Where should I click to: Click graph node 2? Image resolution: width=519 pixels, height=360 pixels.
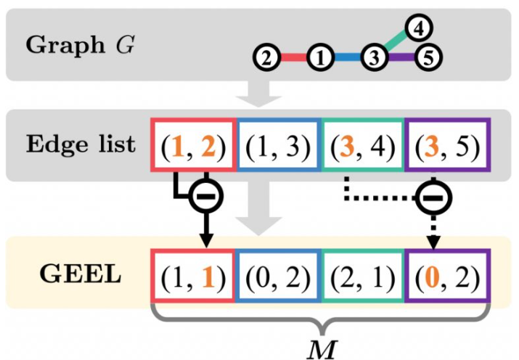[x=267, y=57]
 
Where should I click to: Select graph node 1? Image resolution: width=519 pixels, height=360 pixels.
[x=319, y=57]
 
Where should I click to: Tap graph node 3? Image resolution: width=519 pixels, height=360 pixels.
[x=373, y=57]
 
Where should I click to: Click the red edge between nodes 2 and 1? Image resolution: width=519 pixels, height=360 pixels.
[x=293, y=57]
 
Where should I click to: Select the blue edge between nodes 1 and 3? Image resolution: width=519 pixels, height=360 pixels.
[x=346, y=57]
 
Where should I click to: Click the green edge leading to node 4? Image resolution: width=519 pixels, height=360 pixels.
[x=395, y=42]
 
